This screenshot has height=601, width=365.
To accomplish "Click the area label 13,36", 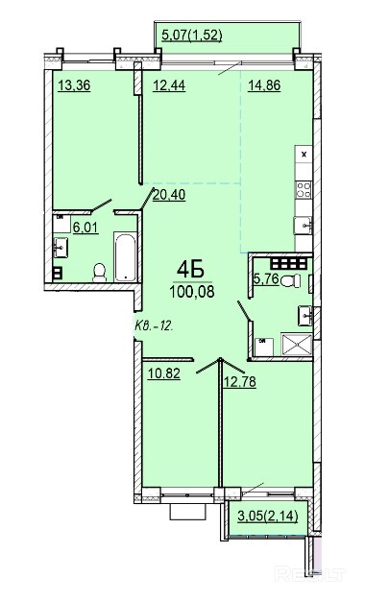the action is [x=74, y=85].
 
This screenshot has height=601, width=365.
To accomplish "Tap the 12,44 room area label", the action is [x=169, y=85].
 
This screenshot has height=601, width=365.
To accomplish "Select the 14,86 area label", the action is [x=264, y=85].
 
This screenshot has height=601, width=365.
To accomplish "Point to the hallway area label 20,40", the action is [x=169, y=195].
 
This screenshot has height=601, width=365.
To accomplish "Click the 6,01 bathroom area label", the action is [x=85, y=228].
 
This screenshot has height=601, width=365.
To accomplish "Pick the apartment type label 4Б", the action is [x=190, y=270].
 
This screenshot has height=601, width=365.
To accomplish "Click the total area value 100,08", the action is [x=192, y=292].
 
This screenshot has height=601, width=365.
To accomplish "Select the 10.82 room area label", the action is [x=164, y=373].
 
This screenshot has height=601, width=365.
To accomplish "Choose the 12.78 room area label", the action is [x=239, y=382].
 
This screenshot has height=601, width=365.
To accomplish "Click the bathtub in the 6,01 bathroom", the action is [x=125, y=256].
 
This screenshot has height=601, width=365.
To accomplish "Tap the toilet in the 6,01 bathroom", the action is [x=100, y=273].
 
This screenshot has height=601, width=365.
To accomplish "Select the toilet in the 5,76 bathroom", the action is [x=291, y=281].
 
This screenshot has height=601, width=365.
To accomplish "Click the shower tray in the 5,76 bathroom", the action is [x=297, y=344].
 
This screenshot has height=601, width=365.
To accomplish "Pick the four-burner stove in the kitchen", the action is [x=304, y=190].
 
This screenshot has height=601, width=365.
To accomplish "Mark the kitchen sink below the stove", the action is [x=303, y=226].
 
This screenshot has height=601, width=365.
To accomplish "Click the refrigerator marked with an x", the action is [x=304, y=155].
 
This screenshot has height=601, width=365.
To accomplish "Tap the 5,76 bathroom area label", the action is [x=266, y=278].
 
